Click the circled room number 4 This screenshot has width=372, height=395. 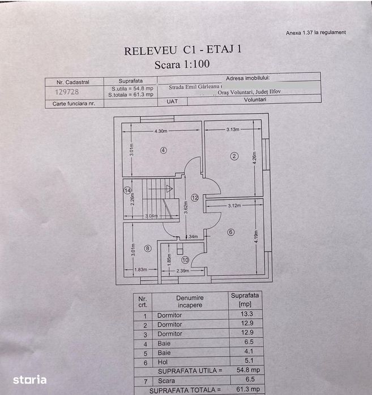click(x=164, y=150)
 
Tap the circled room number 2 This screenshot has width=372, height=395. click(x=234, y=156)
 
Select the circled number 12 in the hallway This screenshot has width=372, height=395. click(x=195, y=198)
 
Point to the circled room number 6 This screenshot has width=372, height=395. click(x=230, y=232)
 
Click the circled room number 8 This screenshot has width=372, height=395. click(x=148, y=249)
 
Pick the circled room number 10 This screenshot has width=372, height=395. click(x=185, y=260)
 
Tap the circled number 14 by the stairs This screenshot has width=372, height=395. click(x=127, y=190)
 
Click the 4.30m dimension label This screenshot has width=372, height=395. click(x=161, y=131)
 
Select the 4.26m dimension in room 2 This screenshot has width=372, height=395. click(x=254, y=158)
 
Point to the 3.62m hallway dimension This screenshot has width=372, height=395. click(x=186, y=207)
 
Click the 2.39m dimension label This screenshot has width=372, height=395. click(x=183, y=271)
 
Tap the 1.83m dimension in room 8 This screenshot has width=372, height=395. click(x=140, y=270)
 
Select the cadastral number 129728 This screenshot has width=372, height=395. click(x=67, y=92)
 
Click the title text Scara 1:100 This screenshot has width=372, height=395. click(x=182, y=64)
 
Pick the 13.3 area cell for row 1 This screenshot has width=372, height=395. click(x=246, y=314)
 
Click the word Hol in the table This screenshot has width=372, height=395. click(x=163, y=362)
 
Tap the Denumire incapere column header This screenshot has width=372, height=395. click(x=190, y=301)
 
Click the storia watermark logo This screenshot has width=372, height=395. click(x=30, y=380)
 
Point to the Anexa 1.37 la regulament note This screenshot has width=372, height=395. click(x=316, y=33)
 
